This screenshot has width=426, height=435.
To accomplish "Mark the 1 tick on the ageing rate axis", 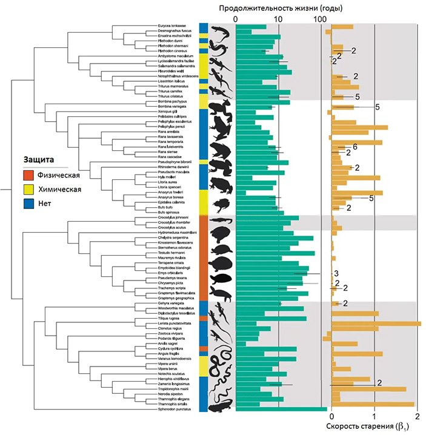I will click(x=374, y=416).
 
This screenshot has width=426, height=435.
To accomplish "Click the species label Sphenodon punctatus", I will click(x=176, y=409).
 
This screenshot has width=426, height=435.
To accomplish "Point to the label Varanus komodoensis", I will click(x=176, y=359).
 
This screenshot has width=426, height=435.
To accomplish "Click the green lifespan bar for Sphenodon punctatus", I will click(x=281, y=409).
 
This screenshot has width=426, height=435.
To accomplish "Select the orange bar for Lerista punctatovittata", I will click(x=376, y=324).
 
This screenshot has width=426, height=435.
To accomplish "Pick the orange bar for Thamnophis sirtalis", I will click(x=373, y=404).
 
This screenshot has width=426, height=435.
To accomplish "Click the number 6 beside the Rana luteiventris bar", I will click(x=355, y=147).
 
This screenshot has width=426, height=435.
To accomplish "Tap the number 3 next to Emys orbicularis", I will click(x=335, y=273).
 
